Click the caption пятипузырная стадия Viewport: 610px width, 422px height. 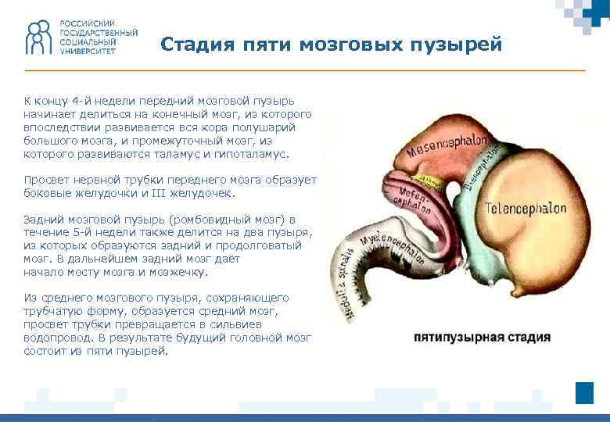pos(482,338)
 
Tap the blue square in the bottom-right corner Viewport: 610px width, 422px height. pos(584,392)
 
